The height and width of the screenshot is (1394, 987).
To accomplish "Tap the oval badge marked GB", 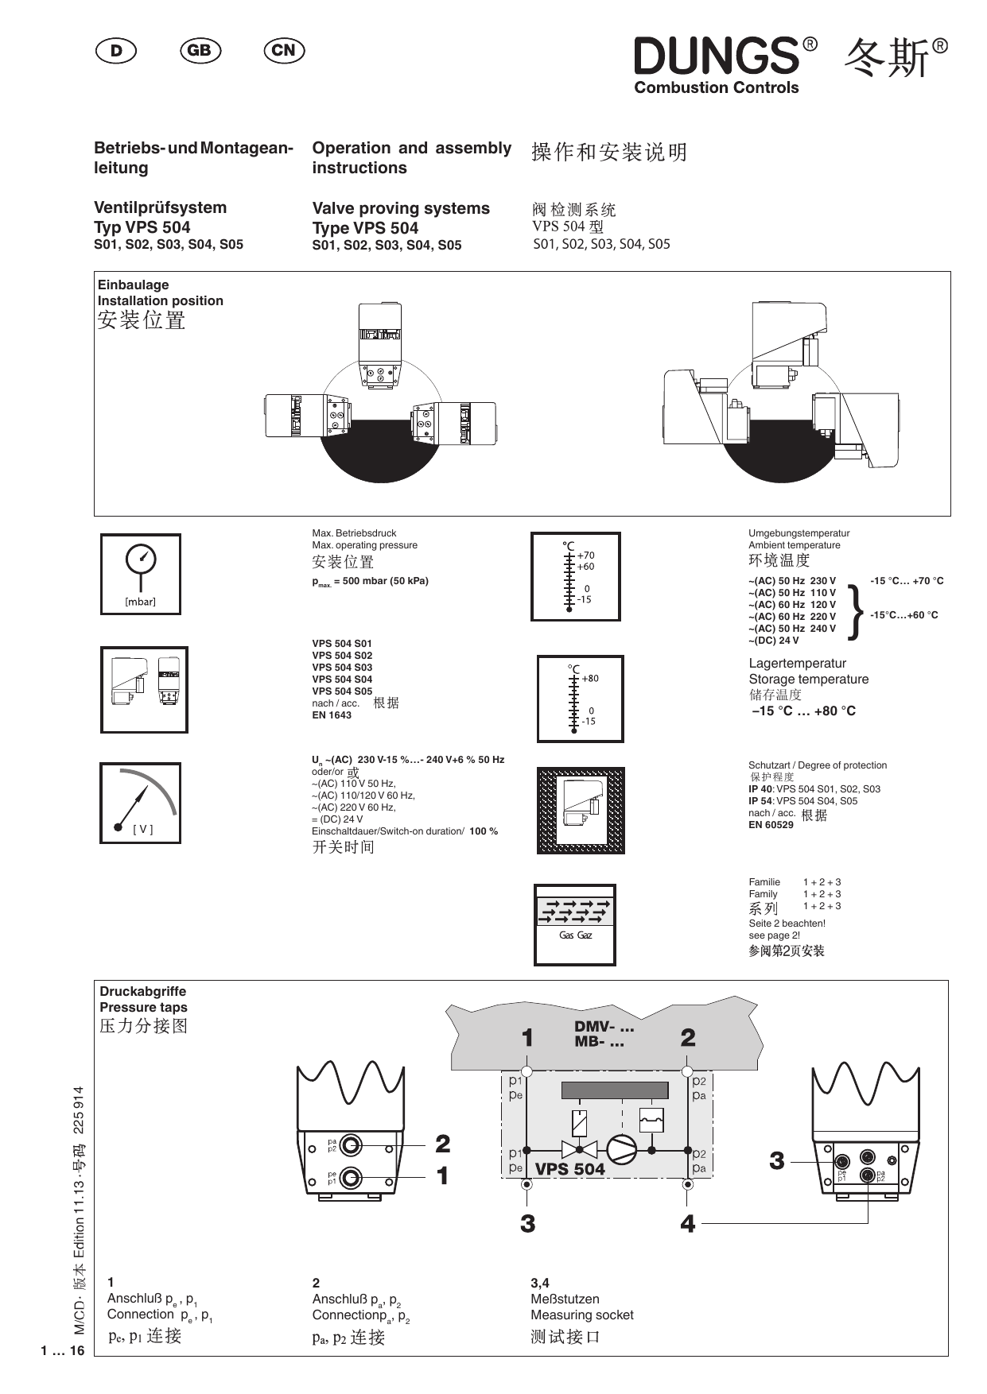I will (x=200, y=51).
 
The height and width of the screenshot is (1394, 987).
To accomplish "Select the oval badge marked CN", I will (x=284, y=51).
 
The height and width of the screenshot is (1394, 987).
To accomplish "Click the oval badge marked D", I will (x=116, y=51).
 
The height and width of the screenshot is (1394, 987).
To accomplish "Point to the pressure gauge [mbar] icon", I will (x=141, y=574).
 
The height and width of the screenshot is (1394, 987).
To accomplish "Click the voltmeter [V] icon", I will (x=140, y=803).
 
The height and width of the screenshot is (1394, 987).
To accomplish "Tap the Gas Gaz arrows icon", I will (x=574, y=924).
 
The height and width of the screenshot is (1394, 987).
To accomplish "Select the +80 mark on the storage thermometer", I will (x=590, y=679).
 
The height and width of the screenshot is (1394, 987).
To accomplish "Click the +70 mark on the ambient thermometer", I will (x=586, y=556).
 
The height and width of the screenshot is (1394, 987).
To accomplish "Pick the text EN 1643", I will (x=332, y=715).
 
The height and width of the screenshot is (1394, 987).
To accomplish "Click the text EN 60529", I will (x=771, y=825).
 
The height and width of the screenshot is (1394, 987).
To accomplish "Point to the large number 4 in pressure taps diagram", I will (x=687, y=1224).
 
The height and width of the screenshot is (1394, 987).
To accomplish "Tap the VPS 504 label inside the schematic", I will (x=569, y=1169).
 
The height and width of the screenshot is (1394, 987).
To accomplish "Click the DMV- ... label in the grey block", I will (x=604, y=1026).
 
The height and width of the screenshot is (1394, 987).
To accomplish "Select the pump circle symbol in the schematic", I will (x=621, y=1149).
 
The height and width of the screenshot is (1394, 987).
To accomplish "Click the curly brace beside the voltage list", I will (x=856, y=611).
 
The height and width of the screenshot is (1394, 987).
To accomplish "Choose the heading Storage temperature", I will (x=808, y=680).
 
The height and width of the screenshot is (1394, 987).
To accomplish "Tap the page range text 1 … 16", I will (x=62, y=1351).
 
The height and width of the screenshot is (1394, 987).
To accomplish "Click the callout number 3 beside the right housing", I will (x=776, y=1161).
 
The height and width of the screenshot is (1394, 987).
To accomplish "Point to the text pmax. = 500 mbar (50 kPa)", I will (x=370, y=581).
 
